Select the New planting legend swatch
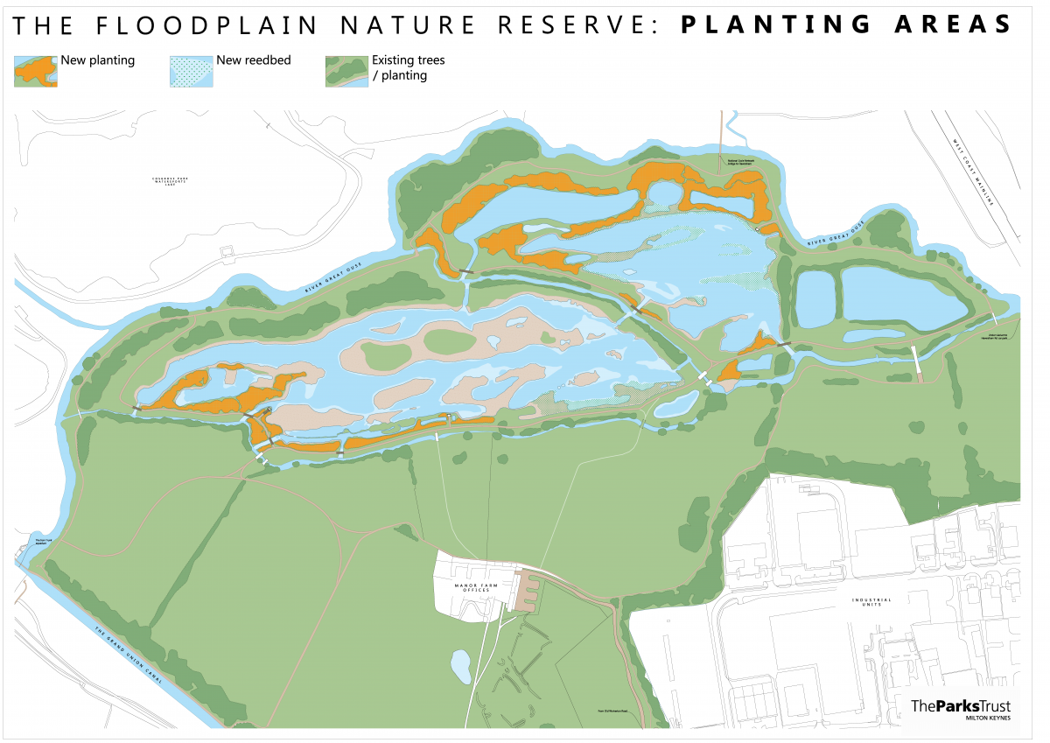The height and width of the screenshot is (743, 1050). click(x=36, y=71)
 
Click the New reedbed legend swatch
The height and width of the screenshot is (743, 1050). click(x=191, y=71)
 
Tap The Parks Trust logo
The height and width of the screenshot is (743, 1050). click(x=961, y=705)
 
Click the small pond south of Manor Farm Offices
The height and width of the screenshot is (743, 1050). click(x=460, y=667)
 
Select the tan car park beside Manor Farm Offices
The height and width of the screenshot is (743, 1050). click(x=528, y=592)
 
